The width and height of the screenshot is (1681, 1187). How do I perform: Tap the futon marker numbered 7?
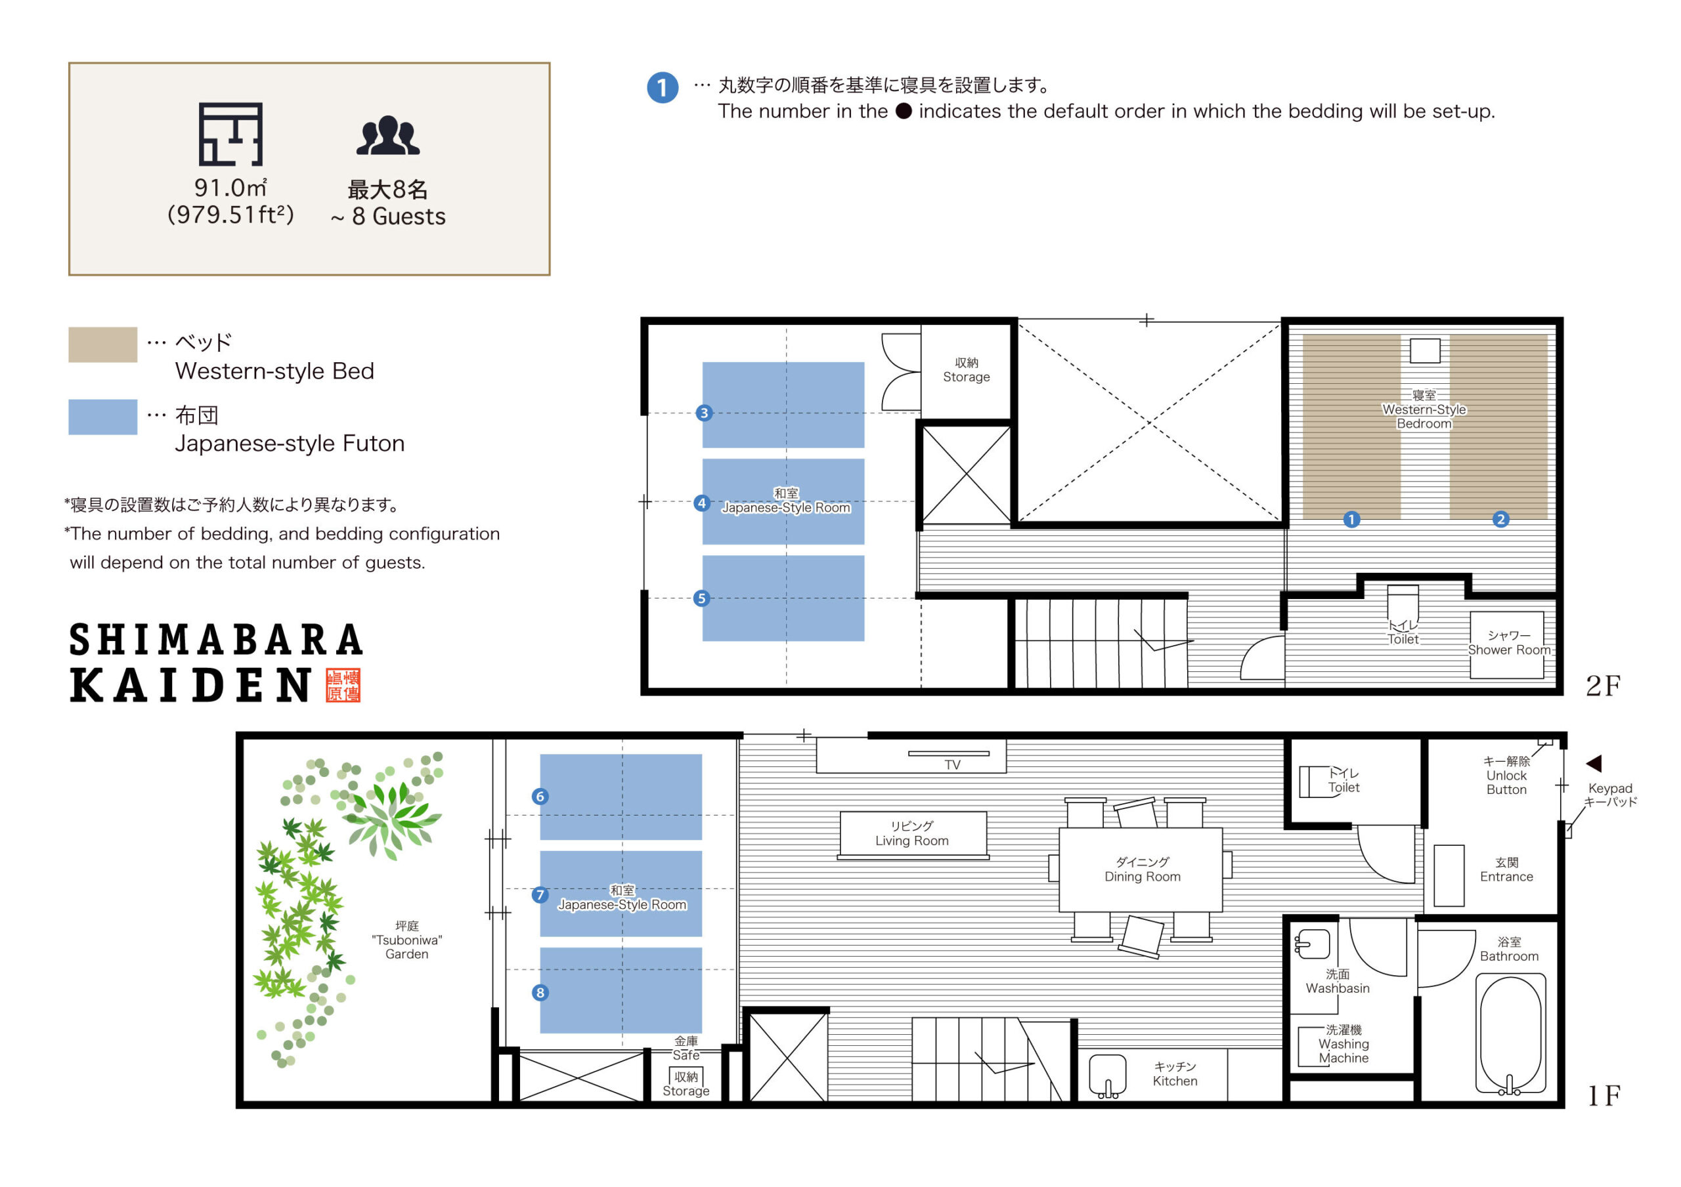pos(540,894)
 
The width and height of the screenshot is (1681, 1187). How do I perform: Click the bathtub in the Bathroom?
pos(1510,1033)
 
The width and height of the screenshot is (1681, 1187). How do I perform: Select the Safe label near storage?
pos(686,1048)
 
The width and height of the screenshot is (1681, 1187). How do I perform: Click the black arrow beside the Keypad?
pos(1594,763)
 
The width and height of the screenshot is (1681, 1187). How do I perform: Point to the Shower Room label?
pos(1509,642)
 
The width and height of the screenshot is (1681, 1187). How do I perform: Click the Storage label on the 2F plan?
pos(966,369)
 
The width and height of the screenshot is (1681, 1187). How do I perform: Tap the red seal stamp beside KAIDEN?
pos(343,685)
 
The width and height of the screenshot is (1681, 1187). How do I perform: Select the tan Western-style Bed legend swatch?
pos(102,344)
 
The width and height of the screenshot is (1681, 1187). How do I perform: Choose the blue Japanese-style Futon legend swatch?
pos(102,417)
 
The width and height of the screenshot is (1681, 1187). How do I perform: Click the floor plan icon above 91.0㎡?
pos(230,134)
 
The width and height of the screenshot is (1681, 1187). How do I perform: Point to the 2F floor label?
pos(1602,686)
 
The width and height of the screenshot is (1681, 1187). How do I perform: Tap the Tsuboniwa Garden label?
pos(406,940)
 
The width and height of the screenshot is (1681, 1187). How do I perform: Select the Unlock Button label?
pos(1506,775)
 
